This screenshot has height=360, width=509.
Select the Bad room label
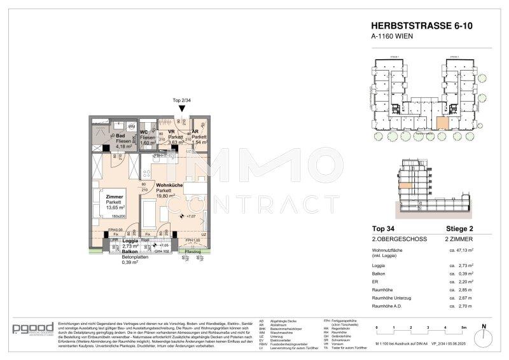pyautogui.click(x=120, y=135)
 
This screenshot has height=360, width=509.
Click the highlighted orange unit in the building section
pyautogui.click(x=404, y=185)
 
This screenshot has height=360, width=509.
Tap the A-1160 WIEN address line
pyautogui.click(x=389, y=37)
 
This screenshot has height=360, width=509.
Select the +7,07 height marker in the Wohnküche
pyautogui.click(x=190, y=217)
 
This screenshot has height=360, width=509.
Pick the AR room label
pyautogui.click(x=197, y=132)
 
